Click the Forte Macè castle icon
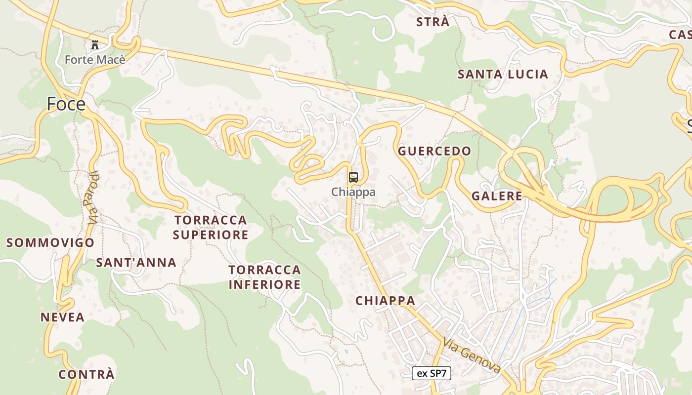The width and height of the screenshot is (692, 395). click(95, 45)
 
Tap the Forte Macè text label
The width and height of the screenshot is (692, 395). click(95, 60)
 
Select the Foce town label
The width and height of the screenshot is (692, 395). click(66, 104)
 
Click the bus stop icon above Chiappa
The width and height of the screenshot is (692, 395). click(353, 177)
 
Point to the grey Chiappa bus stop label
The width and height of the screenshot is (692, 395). click(353, 192)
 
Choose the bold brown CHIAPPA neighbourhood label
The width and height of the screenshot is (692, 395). click(385, 301)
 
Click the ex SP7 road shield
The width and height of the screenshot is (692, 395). click(432, 373)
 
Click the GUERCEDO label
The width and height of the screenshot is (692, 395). click(435, 151)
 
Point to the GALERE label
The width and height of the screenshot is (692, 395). click(497, 196)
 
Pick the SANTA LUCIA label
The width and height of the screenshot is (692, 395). click(503, 75)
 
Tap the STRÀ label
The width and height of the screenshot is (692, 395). click(433, 22)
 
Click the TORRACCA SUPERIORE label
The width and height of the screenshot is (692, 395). click(211, 227)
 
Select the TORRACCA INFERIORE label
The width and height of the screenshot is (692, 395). click(264, 277)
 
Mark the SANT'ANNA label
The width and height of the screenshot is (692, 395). click(136, 263)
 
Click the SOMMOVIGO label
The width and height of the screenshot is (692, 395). click(50, 243)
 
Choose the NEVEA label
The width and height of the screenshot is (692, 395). click(62, 317)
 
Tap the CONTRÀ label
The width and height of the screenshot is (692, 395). click(86, 375)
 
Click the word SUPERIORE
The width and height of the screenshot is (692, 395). click(211, 235)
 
